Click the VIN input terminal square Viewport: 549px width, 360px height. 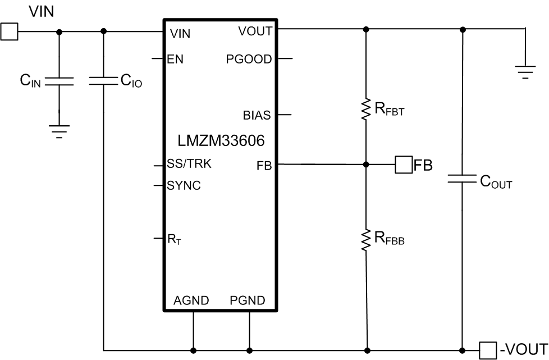[9, 32]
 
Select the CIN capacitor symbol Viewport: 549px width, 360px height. [60, 81]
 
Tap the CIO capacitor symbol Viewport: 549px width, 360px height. [104, 81]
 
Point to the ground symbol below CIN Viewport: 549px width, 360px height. [60, 130]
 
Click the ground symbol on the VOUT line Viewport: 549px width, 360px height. [525, 71]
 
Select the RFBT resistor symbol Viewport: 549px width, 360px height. [366, 109]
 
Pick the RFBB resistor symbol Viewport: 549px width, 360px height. [366, 239]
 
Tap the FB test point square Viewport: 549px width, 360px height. [403, 165]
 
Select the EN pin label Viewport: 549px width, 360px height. [175, 58]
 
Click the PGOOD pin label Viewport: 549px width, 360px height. [249, 58]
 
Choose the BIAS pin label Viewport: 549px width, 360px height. [257, 116]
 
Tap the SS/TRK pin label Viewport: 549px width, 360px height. [189, 165]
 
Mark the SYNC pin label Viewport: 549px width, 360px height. [184, 186]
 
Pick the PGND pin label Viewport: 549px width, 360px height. [248, 300]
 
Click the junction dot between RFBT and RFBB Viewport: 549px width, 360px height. [366, 165]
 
